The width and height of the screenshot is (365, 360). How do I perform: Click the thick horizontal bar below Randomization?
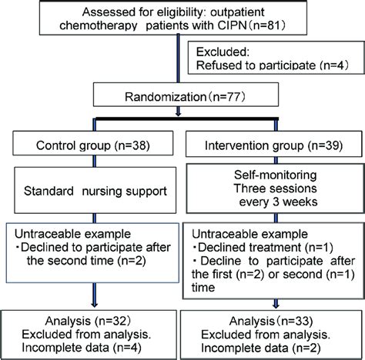pos(182,117)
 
